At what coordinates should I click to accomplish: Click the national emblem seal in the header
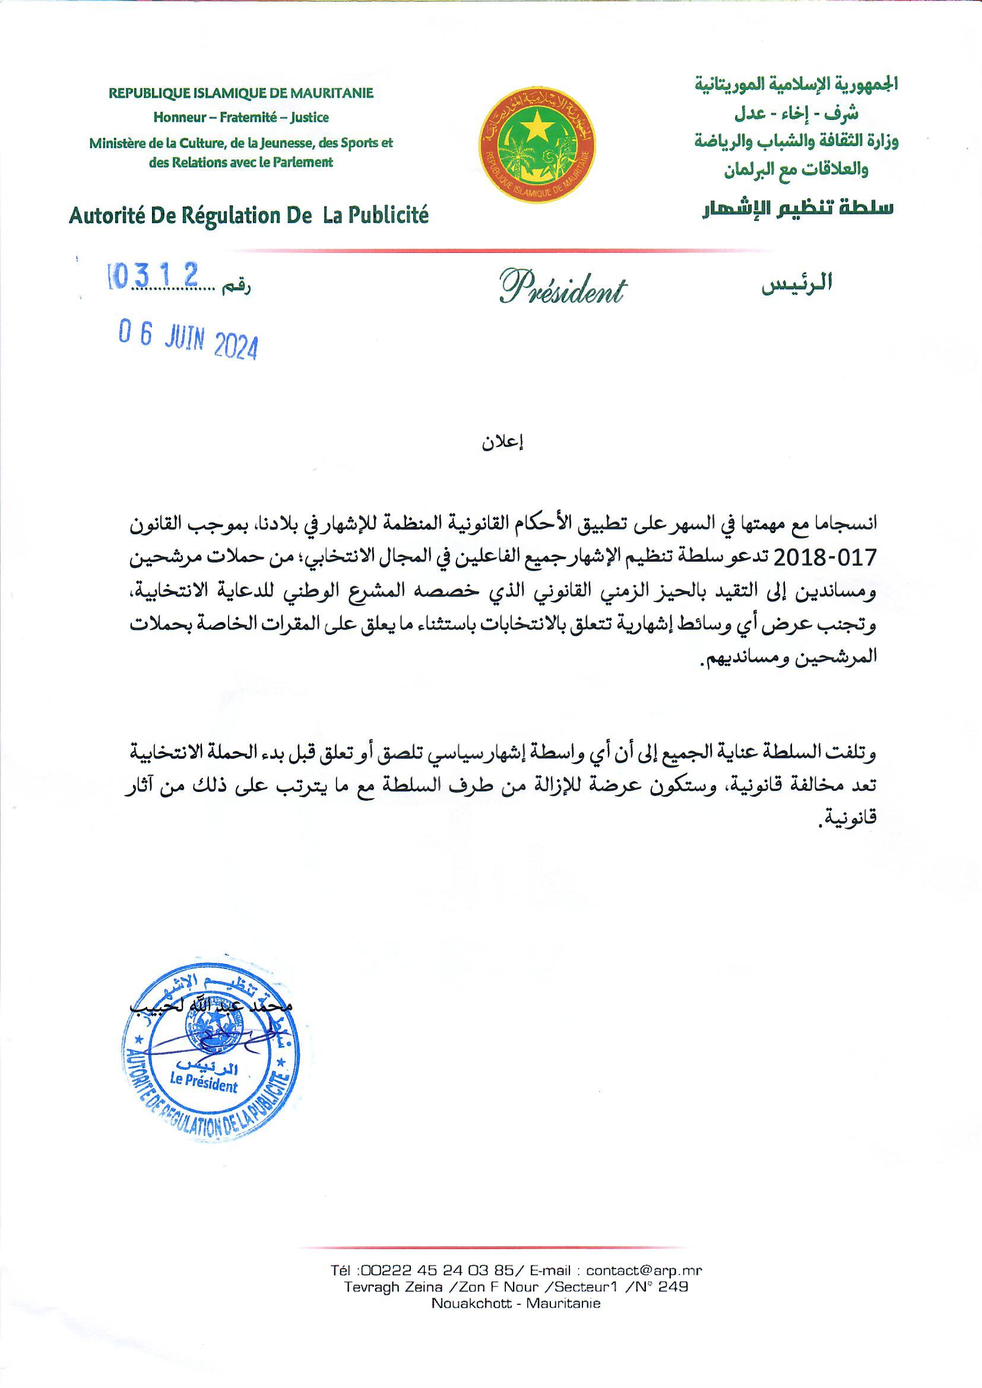coord(537,144)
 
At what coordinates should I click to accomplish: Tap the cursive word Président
coord(562,288)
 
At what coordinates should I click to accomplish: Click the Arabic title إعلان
coord(502,442)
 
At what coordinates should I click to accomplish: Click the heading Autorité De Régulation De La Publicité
coord(249,216)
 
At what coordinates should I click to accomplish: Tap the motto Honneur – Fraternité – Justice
coord(240,118)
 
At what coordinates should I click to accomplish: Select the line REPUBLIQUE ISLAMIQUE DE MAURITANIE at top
coord(240,93)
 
